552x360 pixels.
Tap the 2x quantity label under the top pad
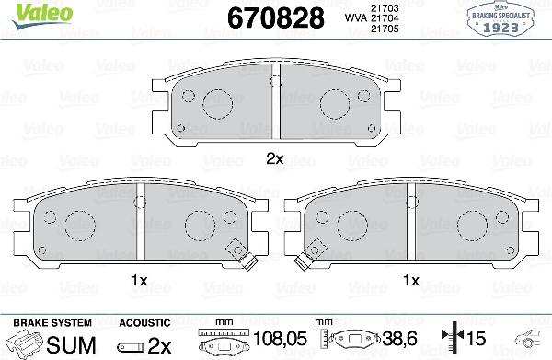coord(274,157)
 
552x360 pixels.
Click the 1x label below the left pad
coord(139,279)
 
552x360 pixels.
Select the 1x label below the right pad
coord(412,279)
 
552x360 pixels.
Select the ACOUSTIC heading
coord(144,323)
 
